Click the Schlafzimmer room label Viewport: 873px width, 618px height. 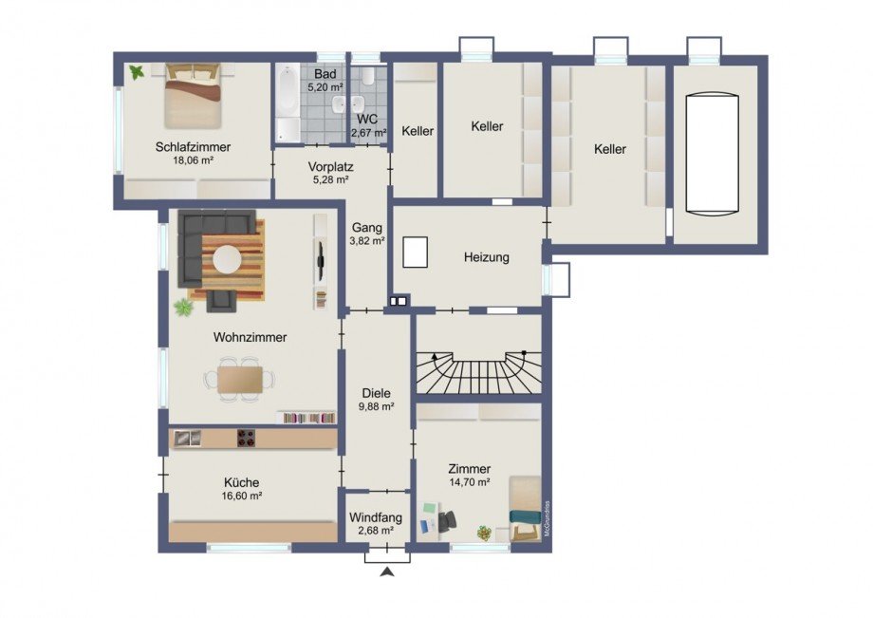click(x=194, y=147)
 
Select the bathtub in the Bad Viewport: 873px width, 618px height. click(x=288, y=103)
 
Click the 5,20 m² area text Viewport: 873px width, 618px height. click(x=325, y=87)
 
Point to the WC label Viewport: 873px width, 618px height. click(x=367, y=120)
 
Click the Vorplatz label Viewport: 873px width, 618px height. click(x=331, y=166)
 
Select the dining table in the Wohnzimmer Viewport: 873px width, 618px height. click(x=240, y=379)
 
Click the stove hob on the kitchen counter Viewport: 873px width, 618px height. click(x=247, y=439)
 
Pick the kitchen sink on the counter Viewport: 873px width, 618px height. click(x=187, y=439)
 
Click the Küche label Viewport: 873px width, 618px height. click(x=242, y=482)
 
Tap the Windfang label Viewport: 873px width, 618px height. click(x=376, y=517)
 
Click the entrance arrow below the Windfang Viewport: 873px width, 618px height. click(x=387, y=571)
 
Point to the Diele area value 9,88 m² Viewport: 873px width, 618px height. click(x=377, y=406)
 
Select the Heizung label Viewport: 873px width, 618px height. click(x=487, y=257)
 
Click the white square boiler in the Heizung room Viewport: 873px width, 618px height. click(x=416, y=252)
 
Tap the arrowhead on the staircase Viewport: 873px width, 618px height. click(x=435, y=356)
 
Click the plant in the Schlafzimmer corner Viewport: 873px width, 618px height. click(x=137, y=72)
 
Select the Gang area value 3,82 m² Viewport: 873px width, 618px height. click(x=367, y=241)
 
